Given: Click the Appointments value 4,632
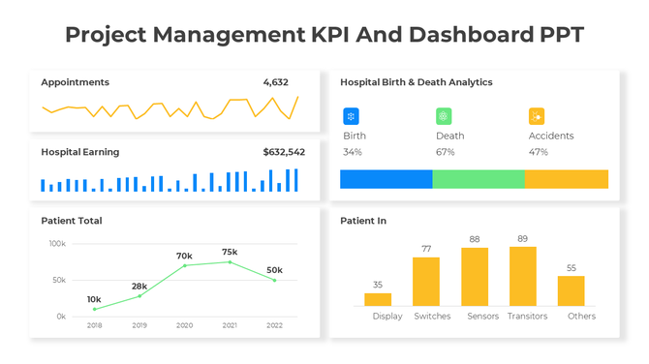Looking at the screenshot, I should [275, 82].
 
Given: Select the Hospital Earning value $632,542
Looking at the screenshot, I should [283, 152].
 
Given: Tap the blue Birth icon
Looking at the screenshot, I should [351, 116].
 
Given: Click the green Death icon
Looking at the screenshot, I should [444, 116].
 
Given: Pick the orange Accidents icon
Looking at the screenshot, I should [537, 116].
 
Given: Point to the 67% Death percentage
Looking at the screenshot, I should [446, 152].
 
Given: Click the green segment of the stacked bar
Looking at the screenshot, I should [478, 179].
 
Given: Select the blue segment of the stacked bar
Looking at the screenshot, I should [386, 179].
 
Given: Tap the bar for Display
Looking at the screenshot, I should [378, 300].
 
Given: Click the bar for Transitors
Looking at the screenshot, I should [523, 277].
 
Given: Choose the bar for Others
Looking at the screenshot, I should [571, 291].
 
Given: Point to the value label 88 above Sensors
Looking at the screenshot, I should [475, 239].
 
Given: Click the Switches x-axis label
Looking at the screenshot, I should [432, 317].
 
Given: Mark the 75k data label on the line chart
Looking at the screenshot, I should [230, 252].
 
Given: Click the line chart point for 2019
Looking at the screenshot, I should [139, 296].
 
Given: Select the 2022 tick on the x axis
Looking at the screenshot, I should [274, 326].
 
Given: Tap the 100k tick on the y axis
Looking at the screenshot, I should [57, 244].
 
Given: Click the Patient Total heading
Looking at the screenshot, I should [71, 221].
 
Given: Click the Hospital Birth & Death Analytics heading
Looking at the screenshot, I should [416, 82].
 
